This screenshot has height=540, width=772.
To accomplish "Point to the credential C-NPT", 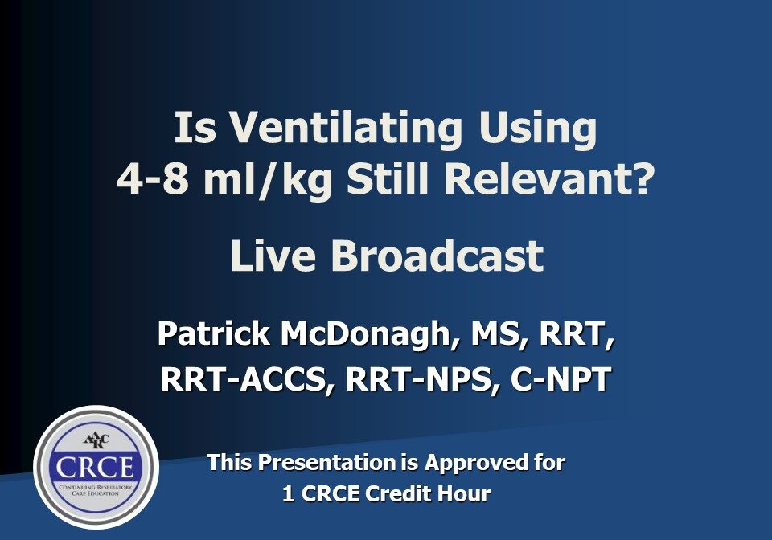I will click(561, 378).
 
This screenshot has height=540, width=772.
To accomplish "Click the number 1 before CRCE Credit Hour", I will click(289, 493).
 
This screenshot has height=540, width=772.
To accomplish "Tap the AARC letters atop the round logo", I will click(95, 440).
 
